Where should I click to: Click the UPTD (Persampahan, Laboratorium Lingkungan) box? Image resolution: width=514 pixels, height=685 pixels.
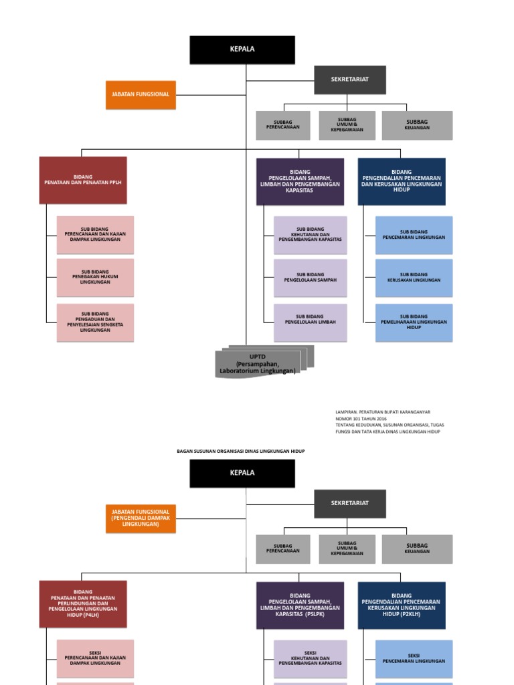click(x=258, y=364)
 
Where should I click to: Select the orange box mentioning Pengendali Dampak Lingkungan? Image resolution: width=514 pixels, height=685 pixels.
click(x=141, y=518)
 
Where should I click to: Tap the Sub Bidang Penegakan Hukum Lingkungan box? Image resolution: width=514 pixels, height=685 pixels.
click(x=95, y=278)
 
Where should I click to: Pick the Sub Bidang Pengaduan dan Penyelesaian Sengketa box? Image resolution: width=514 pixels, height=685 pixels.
click(x=95, y=322)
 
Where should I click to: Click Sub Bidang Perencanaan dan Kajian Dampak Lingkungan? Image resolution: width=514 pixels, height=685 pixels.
click(x=95, y=235)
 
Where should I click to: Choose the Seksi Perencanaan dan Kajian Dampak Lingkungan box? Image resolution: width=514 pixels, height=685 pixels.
click(x=95, y=658)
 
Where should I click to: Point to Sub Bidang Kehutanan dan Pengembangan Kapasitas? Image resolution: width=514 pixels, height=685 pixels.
click(x=310, y=235)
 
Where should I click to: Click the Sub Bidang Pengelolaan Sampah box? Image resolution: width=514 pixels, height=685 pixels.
click(x=310, y=278)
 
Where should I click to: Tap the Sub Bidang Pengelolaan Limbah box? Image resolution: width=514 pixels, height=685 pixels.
click(x=310, y=322)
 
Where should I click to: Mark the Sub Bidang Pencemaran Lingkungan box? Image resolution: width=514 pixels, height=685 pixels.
click(x=414, y=235)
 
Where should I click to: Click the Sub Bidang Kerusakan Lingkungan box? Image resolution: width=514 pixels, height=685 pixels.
click(x=414, y=278)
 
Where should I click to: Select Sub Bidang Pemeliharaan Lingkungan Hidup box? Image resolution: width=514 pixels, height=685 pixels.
click(x=414, y=322)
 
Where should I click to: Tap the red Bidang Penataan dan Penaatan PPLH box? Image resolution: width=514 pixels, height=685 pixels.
click(x=83, y=180)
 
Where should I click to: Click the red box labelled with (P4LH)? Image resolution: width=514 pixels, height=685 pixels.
click(x=83, y=603)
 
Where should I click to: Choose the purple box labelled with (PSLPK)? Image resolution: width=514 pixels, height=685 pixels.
click(x=300, y=605)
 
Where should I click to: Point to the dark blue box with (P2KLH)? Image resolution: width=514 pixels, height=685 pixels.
click(x=402, y=605)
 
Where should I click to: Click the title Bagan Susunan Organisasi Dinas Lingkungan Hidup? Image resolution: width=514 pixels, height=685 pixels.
click(x=241, y=452)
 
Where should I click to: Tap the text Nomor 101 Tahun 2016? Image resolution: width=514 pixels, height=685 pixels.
click(x=361, y=419)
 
